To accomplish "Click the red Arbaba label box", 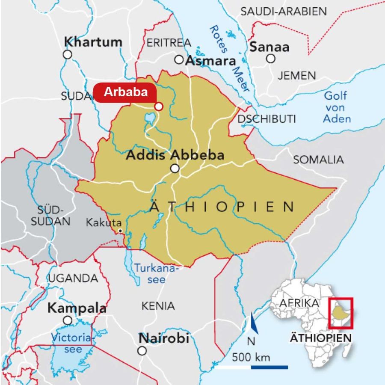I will coord(125,93).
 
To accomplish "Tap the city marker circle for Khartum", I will coord(67,54).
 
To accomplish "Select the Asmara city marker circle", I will coord(179,59).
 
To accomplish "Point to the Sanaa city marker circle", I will coord(270,59).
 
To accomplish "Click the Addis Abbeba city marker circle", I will coord(175,169).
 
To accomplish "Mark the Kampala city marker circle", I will coord(67,320).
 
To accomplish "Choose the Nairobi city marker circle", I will coord(142,351).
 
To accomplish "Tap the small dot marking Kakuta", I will coord(121,231).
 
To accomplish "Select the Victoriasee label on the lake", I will coord(72,343).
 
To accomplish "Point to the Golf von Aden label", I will coord(337,107).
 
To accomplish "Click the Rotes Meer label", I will coord(229,58).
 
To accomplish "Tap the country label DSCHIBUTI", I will coord(267,119).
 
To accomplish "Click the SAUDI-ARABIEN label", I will coord(284,12).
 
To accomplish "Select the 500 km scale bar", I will coord(251,367).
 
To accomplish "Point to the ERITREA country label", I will coord(168,42).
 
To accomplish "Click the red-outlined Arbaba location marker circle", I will coord(159,107).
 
